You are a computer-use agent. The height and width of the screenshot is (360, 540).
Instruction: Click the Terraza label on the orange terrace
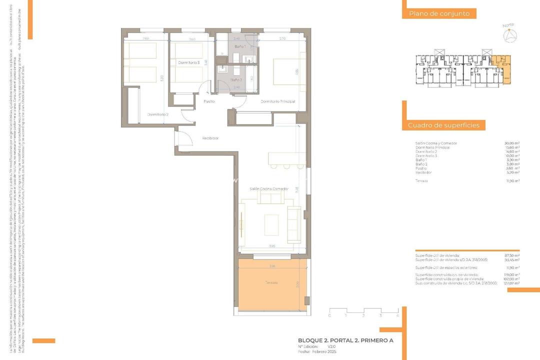coord(271,283)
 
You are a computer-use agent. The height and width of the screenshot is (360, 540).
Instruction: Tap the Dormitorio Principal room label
coord(277,101)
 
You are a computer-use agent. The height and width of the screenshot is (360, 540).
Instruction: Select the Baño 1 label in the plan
coord(240,46)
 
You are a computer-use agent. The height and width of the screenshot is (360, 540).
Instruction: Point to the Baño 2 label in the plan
coord(236,79)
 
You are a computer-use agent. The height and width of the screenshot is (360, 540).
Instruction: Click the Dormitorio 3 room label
coord(189,62)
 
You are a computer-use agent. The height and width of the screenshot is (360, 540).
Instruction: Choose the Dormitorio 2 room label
coord(157,114)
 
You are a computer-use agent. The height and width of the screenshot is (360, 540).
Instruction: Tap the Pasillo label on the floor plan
coord(209,101)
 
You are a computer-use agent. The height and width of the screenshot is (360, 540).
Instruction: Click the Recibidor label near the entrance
coord(210,138)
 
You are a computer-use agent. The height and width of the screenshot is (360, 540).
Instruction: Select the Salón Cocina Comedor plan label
coord(269,188)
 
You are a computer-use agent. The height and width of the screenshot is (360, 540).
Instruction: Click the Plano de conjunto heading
coord(439,14)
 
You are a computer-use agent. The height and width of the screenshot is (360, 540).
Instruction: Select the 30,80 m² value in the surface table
coord(512,143)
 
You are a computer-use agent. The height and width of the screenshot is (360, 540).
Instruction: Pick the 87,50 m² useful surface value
coord(512,255)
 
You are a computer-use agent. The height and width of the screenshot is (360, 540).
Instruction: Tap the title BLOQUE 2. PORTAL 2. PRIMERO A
coord(345,340)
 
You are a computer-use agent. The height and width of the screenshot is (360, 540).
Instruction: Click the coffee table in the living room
coord(271,224)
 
